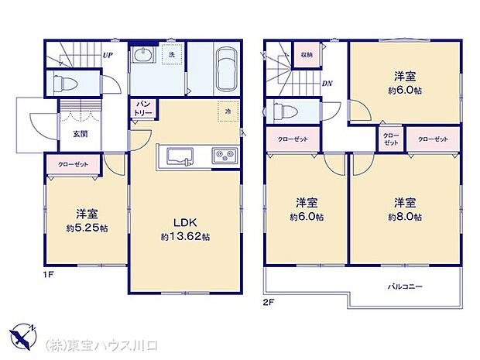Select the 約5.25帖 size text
click(x=85, y=228)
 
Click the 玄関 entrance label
click(x=80, y=133)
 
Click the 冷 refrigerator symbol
click(x=228, y=111)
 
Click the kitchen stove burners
click(x=225, y=157)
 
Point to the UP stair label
click(x=108, y=56)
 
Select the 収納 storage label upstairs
click(x=307, y=54)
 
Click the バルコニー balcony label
click(x=405, y=286)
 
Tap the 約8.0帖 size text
click(x=406, y=218)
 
